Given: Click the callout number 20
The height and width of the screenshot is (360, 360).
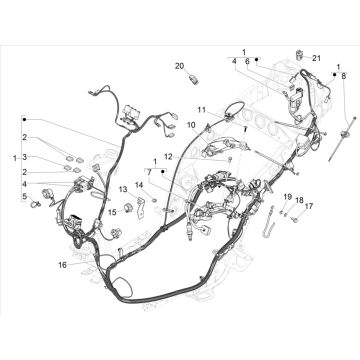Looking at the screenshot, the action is tap(179, 66).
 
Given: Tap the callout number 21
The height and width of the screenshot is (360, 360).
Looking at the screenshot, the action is tap(316, 58).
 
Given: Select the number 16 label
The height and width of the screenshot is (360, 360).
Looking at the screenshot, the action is tap(62, 265).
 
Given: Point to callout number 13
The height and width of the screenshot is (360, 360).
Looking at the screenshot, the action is tap(123, 189).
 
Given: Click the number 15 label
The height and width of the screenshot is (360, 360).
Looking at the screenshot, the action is tap(113, 212).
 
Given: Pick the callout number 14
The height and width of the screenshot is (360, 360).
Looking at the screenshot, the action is tap(139, 185).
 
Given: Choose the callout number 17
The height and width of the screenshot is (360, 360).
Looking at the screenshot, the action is tap(309, 206).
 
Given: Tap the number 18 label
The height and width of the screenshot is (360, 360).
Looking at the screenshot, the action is tap(299, 200).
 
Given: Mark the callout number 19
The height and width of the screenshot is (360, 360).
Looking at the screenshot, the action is tap(288, 197).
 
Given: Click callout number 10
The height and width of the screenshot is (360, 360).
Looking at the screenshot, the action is tap(191, 125).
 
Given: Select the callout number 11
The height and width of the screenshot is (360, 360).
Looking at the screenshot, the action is tap(202, 109).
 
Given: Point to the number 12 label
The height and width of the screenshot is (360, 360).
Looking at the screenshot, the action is tap(169, 156).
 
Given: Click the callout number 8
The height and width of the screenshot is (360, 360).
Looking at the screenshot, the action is tap(344, 76).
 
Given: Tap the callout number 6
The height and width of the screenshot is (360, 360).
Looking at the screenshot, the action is tap(247, 61).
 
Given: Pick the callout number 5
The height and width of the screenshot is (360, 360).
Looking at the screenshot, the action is tap(24, 197).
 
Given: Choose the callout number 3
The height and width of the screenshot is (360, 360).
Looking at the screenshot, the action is tap(24, 157).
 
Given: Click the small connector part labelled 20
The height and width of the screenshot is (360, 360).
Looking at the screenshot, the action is tap(193, 80).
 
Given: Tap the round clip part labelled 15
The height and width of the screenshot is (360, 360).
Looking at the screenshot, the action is tap(128, 207).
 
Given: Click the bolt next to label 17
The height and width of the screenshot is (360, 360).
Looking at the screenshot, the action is tap(295, 219).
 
